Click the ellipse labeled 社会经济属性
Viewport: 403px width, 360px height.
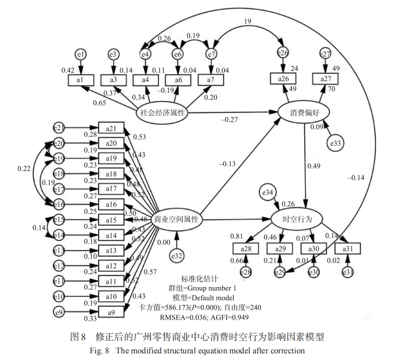tap(163, 113)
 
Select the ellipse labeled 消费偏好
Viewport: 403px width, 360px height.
tap(305, 112)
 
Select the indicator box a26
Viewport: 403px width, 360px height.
tap(283, 78)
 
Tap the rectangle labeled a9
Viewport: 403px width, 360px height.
tap(111, 312)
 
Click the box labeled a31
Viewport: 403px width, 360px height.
tap(347, 248)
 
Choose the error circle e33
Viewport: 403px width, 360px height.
tap(336, 144)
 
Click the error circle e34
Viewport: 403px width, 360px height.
tap(268, 192)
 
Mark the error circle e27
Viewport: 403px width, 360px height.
tap(326, 54)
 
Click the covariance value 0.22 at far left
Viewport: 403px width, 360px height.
tap(24, 168)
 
